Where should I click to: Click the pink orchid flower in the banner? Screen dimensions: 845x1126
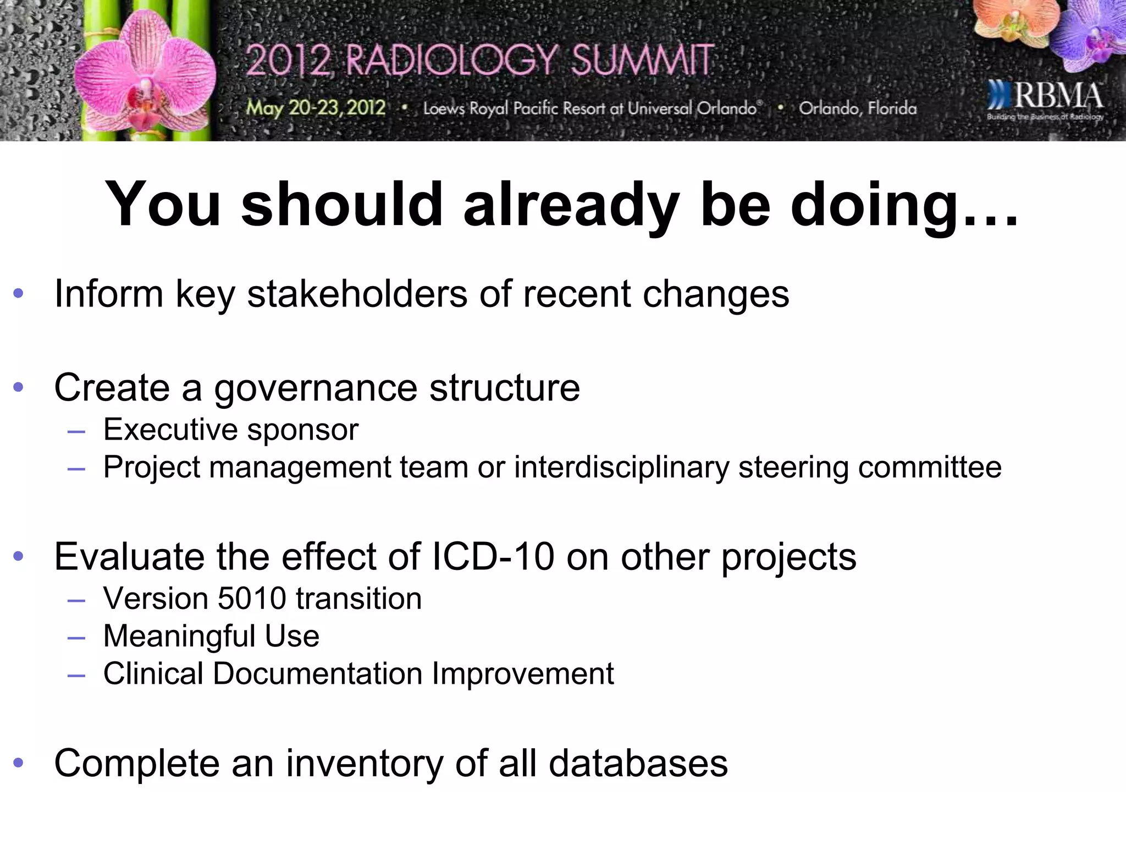coord(146,77)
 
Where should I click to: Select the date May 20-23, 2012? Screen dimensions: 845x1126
coord(316,107)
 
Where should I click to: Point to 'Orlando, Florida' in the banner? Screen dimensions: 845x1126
coord(858,108)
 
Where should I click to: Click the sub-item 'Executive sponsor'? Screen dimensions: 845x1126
coord(230,430)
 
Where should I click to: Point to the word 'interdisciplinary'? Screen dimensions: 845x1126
coord(621,468)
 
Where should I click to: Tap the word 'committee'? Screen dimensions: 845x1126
coord(929,468)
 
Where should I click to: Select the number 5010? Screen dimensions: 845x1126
coord(252,599)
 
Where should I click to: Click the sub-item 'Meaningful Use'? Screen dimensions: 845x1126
coord(211,637)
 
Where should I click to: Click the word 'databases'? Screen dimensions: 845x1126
coord(638,764)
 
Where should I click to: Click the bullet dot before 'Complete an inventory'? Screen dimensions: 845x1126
coord(19,763)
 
